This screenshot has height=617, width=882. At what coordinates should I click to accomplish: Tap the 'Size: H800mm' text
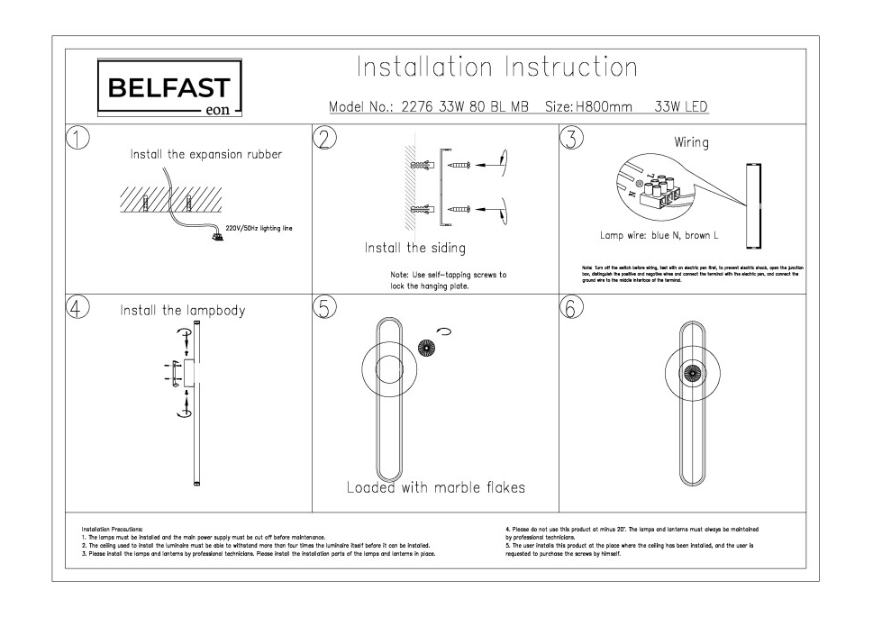point(589,106)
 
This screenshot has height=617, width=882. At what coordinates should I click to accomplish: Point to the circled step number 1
point(78,137)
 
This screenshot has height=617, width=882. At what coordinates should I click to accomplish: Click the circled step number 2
point(323,137)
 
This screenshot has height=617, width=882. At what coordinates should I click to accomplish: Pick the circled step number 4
point(78,307)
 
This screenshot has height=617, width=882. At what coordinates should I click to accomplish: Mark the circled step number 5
point(323,307)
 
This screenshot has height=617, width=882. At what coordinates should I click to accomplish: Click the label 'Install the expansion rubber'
point(206,154)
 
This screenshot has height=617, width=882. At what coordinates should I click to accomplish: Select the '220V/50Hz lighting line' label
point(259,229)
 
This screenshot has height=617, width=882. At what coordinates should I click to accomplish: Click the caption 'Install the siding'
point(415,248)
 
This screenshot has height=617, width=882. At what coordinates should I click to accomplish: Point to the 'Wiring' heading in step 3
point(691,142)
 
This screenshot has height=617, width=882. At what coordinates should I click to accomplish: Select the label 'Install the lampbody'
point(183,311)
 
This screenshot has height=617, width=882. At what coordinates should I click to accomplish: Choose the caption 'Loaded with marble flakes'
point(436,487)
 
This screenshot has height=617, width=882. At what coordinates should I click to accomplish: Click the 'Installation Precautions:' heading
point(112,530)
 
